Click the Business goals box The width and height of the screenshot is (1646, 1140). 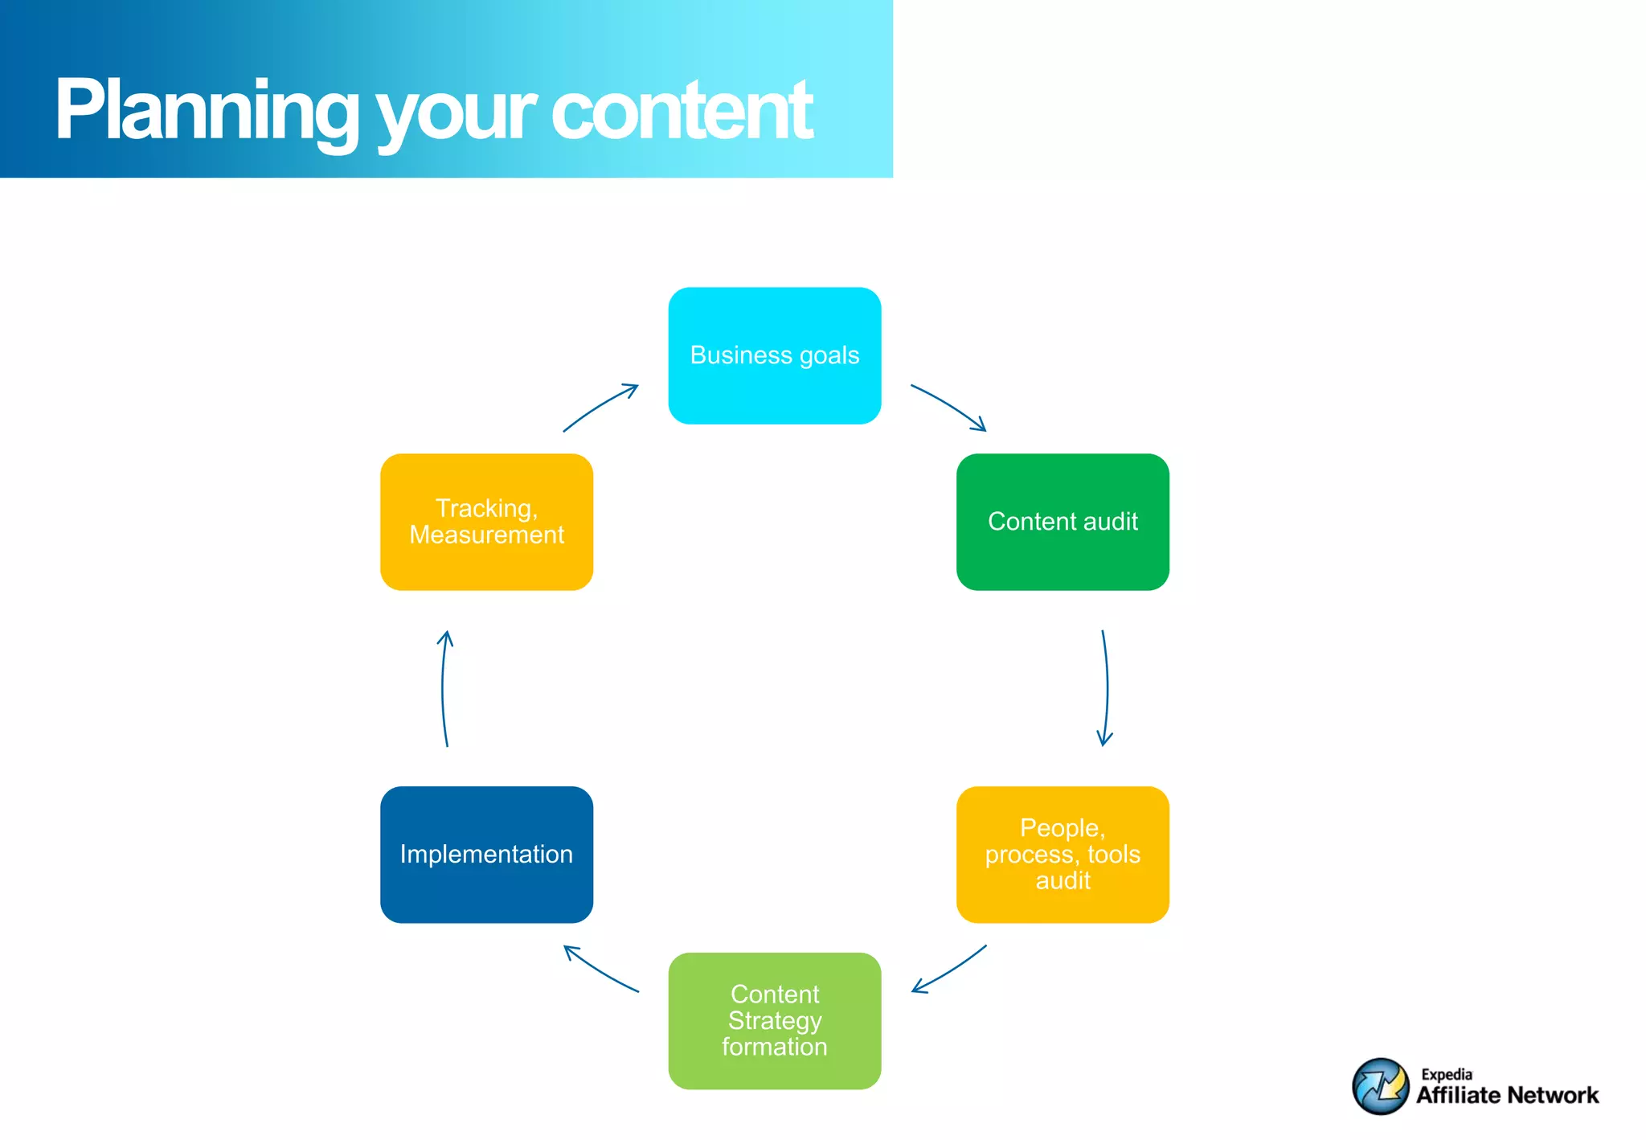pos(774,355)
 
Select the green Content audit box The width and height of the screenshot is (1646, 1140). pos(1062,522)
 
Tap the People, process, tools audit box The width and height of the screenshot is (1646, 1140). pos(1062,854)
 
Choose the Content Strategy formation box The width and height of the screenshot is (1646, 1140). pos(774,1020)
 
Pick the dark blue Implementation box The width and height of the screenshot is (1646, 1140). pos(486,854)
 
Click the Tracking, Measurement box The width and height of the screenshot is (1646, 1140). pos(486,522)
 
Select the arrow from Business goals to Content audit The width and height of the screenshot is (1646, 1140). pos(949,406)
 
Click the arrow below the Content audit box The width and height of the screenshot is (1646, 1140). pos(1106,688)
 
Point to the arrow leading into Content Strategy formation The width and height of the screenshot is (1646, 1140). pos(949,970)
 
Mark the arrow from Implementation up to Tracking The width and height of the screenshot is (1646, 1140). pos(444,688)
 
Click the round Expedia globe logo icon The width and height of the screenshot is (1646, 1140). pos(1380,1086)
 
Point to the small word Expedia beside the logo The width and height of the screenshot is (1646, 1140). pos(1446,1074)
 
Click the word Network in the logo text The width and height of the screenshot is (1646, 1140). pos(1553,1095)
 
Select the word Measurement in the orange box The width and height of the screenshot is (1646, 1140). pos(486,535)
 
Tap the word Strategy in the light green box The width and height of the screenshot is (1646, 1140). pos(774,1020)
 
